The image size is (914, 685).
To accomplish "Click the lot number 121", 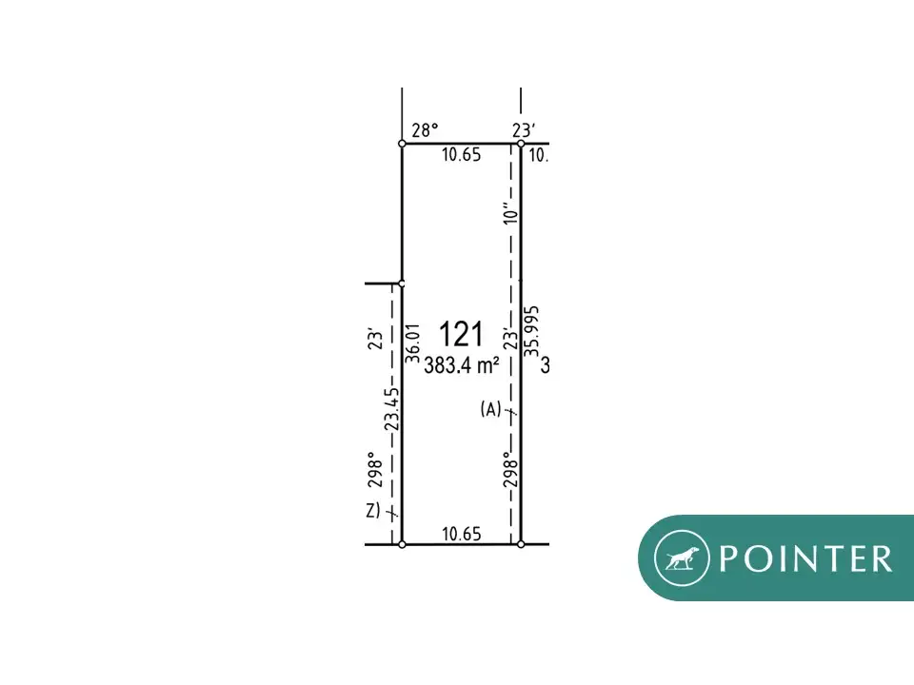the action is (461, 334).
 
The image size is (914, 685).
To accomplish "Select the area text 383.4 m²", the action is (462, 365).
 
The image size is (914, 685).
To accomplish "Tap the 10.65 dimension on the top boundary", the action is (461, 155).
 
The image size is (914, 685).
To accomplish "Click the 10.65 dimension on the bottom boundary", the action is (462, 534).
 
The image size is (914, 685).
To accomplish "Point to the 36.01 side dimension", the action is (412, 343).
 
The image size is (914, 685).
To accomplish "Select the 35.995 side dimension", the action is (531, 331).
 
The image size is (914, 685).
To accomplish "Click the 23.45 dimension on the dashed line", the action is (393, 409).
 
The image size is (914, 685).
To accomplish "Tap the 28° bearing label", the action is (425, 130).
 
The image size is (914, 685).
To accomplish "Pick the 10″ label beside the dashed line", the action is (510, 212).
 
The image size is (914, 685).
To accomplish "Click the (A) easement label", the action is (491, 409).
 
